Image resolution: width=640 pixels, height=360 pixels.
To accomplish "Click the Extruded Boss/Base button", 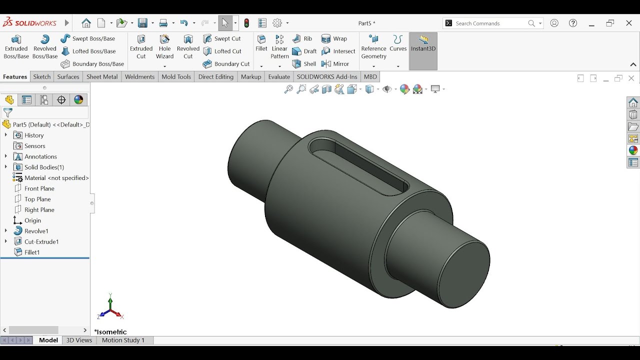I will coord(16,47).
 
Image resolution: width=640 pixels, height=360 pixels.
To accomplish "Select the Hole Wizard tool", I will coord(164,47).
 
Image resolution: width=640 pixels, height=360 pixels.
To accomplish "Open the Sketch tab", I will coord(42,76).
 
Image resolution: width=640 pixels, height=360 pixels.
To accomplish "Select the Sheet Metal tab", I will coord(102,76).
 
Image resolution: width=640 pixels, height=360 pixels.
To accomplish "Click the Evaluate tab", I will coord(279,76).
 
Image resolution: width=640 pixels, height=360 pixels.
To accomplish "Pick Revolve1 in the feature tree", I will coord(36,231).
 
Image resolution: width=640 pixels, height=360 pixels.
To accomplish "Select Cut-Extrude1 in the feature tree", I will coord(41,241).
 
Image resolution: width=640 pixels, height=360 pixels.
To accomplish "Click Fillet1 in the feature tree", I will coord(32,252).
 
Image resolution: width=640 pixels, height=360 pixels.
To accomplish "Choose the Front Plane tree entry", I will coord(39,188).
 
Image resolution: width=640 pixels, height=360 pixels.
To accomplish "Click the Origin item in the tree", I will coord(32,220).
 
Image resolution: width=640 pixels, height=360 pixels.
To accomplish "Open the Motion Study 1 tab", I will coord(123,340).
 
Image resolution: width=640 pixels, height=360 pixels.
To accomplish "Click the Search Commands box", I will coord(490,23).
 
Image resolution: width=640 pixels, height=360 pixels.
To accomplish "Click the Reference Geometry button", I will coord(373,47).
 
